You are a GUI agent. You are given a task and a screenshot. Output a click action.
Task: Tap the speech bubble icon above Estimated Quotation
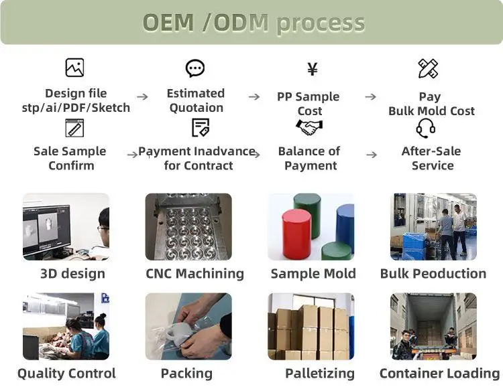click(195, 68)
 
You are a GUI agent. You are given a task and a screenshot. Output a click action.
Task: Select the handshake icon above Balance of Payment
click(309, 127)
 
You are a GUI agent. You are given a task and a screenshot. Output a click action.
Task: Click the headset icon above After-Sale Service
click(426, 127)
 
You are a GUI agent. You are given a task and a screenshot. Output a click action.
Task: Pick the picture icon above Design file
click(74, 68)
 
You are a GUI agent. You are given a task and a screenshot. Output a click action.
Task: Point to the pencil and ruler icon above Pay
click(428, 68)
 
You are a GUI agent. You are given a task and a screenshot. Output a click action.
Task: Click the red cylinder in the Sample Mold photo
click(296, 234)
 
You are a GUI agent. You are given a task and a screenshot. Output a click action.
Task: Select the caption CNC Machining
click(194, 273)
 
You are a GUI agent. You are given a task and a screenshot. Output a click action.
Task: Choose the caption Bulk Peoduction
click(433, 273)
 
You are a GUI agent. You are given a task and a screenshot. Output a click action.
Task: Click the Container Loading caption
click(439, 373)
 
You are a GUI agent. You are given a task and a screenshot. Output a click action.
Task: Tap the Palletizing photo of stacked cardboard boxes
click(311, 326)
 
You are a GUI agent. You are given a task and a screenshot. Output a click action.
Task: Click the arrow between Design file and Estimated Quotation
click(143, 97)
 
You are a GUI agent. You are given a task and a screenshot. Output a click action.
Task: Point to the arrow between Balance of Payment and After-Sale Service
click(372, 155)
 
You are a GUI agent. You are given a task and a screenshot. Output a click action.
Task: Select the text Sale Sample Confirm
click(70, 158)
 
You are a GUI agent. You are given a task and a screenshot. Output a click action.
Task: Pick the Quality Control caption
click(66, 373)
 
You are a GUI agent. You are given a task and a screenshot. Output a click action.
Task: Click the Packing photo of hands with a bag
click(188, 326)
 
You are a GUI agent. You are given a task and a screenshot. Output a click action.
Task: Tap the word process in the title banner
click(320, 23)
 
